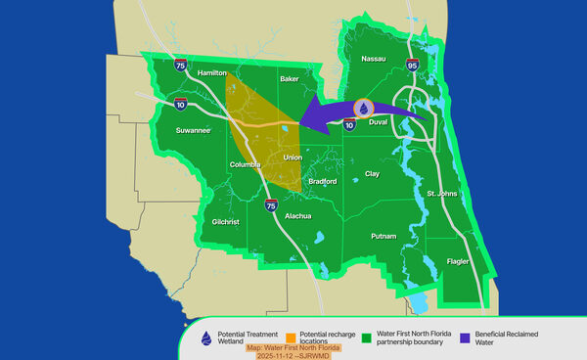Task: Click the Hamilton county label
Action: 212,73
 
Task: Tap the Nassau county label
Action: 375,59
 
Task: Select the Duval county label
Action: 379,122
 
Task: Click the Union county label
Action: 293,157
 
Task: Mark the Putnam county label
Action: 384,237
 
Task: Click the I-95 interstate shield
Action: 411,67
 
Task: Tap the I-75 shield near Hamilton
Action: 179,66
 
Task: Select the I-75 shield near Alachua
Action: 271,204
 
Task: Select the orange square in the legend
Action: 291,336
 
